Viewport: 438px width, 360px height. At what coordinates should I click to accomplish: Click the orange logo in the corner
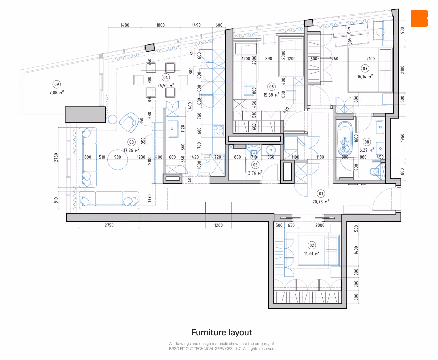(x=419, y=18)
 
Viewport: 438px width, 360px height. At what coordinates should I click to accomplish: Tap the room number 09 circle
(x=56, y=84)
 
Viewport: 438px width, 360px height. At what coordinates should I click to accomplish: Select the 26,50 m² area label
(x=166, y=85)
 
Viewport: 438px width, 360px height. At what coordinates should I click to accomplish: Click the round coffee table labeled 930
(x=118, y=160)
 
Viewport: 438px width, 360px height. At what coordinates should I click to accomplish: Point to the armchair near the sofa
(x=129, y=122)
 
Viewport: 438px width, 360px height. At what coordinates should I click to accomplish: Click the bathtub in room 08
(x=345, y=138)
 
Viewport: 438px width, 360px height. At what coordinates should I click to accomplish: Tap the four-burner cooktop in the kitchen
(x=218, y=131)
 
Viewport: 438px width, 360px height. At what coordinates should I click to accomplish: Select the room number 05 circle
(x=255, y=165)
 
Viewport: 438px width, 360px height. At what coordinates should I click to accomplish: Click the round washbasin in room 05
(x=271, y=150)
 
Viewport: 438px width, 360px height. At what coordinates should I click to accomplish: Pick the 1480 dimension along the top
(x=125, y=25)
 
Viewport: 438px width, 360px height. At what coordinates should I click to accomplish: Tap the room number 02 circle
(x=312, y=245)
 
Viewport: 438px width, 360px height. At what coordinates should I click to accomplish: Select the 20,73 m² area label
(x=321, y=202)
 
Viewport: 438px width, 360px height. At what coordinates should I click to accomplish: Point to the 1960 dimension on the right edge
(x=402, y=138)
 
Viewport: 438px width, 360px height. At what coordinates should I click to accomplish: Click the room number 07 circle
(x=365, y=68)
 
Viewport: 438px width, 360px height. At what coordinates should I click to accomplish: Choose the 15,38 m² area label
(x=271, y=95)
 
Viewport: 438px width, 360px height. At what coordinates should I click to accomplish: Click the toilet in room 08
(x=376, y=172)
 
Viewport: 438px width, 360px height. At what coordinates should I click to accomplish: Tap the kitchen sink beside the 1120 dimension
(x=173, y=129)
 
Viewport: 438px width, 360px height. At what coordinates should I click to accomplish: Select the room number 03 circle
(x=131, y=142)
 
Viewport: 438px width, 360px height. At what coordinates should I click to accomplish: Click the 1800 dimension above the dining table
(x=160, y=25)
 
